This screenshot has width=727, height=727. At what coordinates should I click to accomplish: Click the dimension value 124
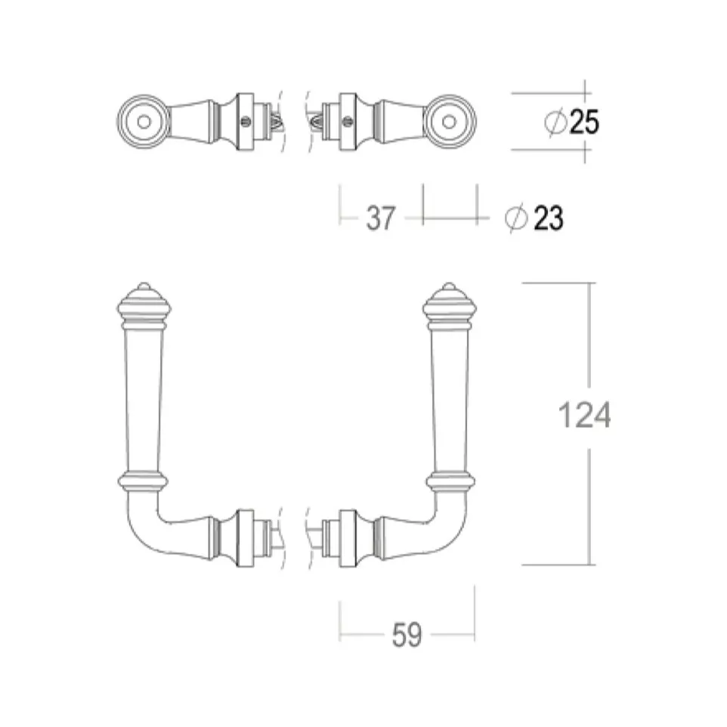584,415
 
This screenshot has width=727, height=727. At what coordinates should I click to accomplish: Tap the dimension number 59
407,635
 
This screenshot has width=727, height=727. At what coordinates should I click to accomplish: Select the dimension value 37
381,218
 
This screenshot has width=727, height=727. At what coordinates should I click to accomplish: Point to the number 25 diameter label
584,122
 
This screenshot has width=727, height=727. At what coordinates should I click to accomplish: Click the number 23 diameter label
549,218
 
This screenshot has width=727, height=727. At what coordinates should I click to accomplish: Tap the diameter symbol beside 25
555,122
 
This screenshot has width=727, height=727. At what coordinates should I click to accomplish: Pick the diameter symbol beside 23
516,218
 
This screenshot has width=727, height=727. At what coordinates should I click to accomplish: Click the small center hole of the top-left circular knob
144,122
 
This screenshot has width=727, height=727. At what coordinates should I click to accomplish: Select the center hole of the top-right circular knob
449,122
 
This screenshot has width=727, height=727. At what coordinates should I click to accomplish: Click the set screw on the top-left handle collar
246,122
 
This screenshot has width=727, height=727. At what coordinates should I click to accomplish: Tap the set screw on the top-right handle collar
348,122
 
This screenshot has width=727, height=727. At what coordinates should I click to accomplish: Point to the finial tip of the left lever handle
144,284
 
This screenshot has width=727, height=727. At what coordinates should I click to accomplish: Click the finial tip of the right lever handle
449,284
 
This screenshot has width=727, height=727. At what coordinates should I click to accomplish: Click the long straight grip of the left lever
144,401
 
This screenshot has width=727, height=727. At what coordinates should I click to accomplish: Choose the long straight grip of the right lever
449,401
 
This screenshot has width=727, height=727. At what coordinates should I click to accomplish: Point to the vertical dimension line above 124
589,335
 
